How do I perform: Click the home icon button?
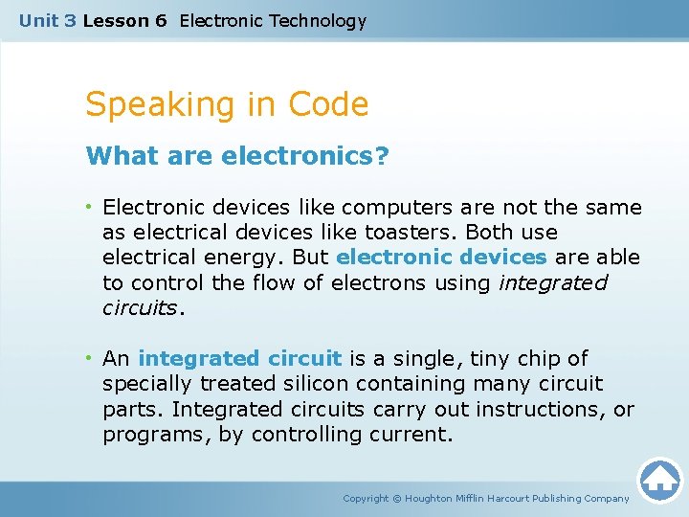(x=660, y=480)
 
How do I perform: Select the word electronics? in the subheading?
(x=305, y=156)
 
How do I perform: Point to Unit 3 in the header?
(x=48, y=20)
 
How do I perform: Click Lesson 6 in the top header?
(x=124, y=20)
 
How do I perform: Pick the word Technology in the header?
(x=318, y=20)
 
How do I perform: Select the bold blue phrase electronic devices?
(x=441, y=258)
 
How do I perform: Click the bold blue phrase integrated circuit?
(x=239, y=359)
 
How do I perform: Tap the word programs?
(x=142, y=435)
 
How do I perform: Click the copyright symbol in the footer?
(x=398, y=499)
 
